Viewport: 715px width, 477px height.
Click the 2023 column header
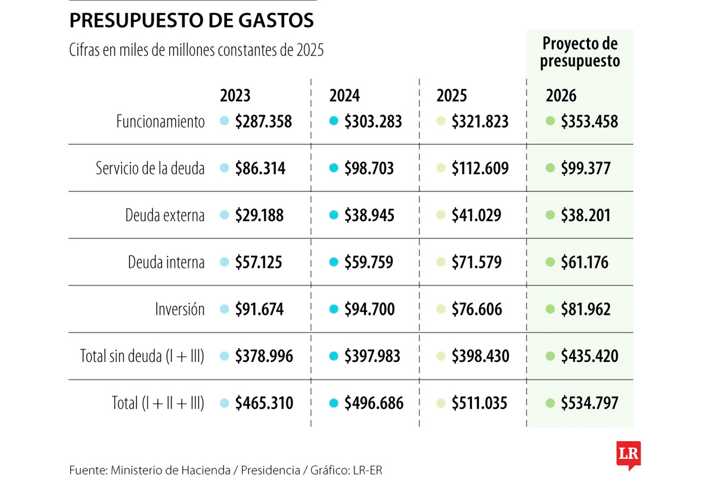point(235,96)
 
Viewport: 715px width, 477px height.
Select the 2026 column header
point(561,96)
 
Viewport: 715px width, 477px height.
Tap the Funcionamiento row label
point(160,122)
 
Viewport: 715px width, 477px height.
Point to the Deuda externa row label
point(165,215)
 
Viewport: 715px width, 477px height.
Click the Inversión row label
point(180,309)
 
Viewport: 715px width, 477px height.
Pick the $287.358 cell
point(263,122)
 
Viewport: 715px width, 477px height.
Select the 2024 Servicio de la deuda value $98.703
point(369,169)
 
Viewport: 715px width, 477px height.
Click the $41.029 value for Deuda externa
point(476,215)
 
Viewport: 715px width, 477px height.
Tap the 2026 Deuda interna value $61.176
point(585,262)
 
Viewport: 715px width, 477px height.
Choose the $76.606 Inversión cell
point(477,309)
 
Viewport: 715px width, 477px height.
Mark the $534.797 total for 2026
point(589,403)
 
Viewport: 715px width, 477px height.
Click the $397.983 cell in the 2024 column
point(372,357)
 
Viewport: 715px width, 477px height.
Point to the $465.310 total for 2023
point(264,403)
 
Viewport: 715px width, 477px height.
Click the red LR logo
point(629,453)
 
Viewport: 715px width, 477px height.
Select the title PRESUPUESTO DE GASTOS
point(191,21)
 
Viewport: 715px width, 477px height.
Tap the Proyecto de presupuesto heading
point(580,52)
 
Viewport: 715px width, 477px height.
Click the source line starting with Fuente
point(225,470)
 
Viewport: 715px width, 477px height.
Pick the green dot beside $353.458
point(551,121)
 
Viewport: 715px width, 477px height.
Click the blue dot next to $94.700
point(334,309)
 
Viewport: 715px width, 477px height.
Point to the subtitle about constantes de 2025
point(197,51)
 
